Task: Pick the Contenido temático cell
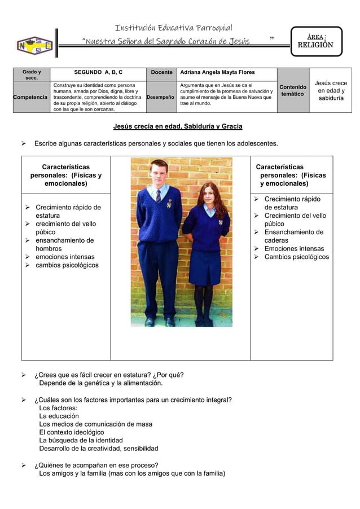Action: [293, 90]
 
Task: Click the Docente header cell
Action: [160, 73]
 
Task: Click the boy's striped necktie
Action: [159, 195]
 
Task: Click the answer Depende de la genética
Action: [93, 384]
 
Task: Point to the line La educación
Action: [59, 416]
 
